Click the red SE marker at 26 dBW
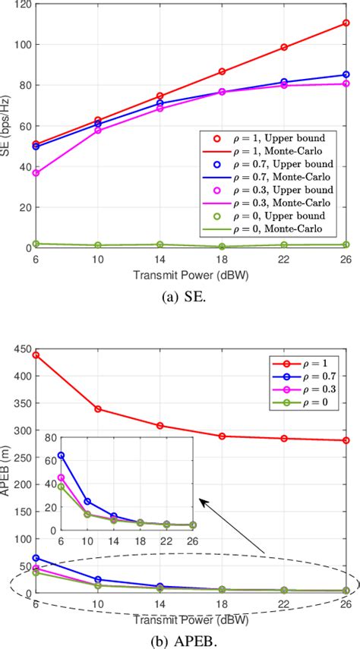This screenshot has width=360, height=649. click(x=346, y=23)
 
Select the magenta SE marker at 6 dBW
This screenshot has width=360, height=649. click(x=36, y=173)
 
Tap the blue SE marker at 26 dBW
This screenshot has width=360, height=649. click(x=346, y=74)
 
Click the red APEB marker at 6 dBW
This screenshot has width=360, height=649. click(x=36, y=354)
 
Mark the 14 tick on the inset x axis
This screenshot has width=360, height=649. click(x=113, y=540)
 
